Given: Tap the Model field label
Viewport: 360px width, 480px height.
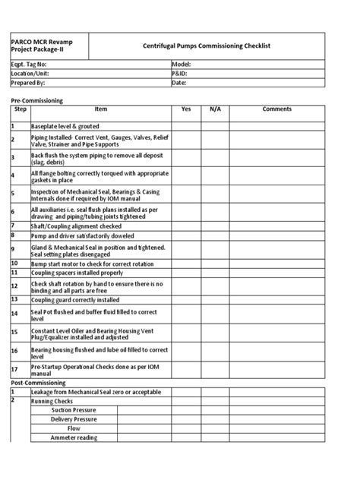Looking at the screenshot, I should tap(183, 65).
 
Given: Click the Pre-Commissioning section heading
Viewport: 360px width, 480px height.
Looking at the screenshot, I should tap(36, 101).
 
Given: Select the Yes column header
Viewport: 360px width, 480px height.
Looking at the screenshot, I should tap(185, 109).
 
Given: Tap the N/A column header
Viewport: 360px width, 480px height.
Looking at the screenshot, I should tap(215, 109).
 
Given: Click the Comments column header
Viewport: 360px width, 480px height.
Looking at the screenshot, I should tap(276, 109).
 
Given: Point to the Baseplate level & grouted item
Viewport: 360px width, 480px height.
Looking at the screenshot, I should tap(65, 125).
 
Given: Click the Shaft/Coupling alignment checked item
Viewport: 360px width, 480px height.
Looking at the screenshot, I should tap(75, 226).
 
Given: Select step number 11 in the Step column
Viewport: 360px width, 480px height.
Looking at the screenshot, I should tap(14, 272).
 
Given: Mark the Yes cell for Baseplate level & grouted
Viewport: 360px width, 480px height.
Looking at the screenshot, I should tap(185, 125).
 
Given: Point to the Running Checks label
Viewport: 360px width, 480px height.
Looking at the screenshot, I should tap(52, 400).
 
